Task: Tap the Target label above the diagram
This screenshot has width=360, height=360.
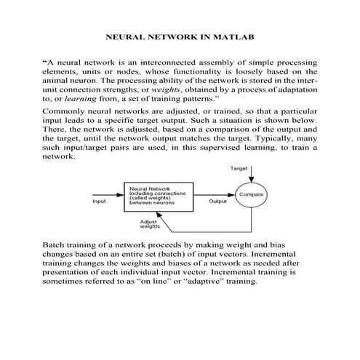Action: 239,168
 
